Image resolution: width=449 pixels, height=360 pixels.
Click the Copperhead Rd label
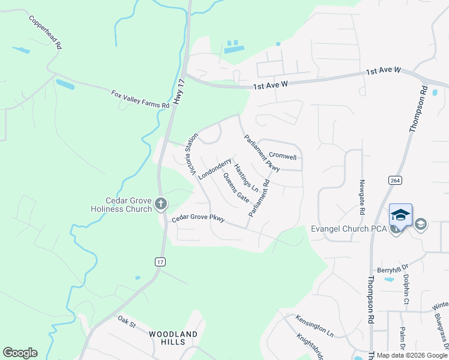(x=45, y=32)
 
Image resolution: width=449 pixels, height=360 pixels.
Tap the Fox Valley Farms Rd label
(x=140, y=100)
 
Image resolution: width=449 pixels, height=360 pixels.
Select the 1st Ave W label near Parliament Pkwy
(x=271, y=86)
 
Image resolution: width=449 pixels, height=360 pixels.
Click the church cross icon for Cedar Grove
(x=160, y=204)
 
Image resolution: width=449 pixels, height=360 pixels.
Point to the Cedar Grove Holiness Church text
(x=120, y=205)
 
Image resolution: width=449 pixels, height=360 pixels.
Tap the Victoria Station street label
(x=192, y=155)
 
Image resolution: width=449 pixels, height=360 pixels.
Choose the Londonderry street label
(x=214, y=169)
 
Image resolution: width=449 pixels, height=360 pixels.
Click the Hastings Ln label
(x=246, y=178)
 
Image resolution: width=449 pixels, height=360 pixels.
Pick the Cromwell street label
(x=282, y=157)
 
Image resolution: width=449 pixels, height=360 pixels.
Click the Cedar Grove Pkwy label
(x=198, y=219)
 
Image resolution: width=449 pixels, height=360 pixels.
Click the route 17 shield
(x=160, y=262)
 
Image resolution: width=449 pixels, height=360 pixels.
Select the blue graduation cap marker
(x=400, y=214)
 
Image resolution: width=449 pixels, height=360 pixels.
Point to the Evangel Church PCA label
(x=349, y=229)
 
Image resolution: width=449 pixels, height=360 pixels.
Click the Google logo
(x=20, y=353)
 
